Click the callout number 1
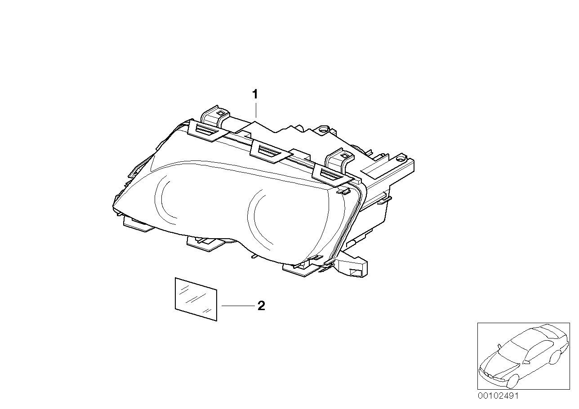pos(255,94)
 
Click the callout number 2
pos(261,306)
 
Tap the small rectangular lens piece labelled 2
pos(196,299)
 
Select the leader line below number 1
pos(255,110)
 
